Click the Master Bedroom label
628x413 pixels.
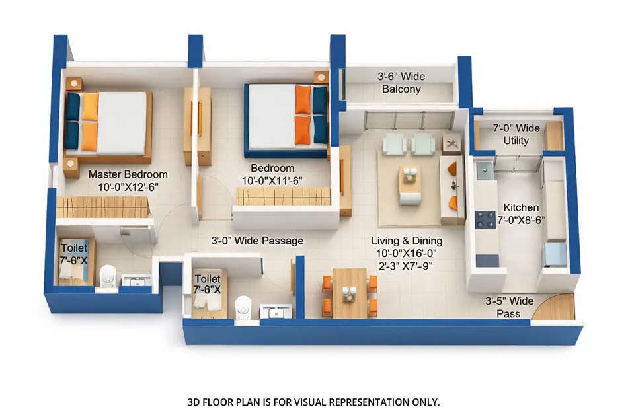tap(128, 175)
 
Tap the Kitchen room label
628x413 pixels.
tap(521, 207)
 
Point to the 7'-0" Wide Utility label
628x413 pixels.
tap(516, 134)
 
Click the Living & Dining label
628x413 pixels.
tap(407, 241)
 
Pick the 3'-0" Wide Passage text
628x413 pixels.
tap(257, 241)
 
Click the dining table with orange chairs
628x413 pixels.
tap(349, 293)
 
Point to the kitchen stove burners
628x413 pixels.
tap(486, 219)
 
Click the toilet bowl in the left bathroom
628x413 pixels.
tap(107, 276)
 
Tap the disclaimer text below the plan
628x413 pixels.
tap(313, 402)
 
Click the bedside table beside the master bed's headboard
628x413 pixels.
tap(73, 83)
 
